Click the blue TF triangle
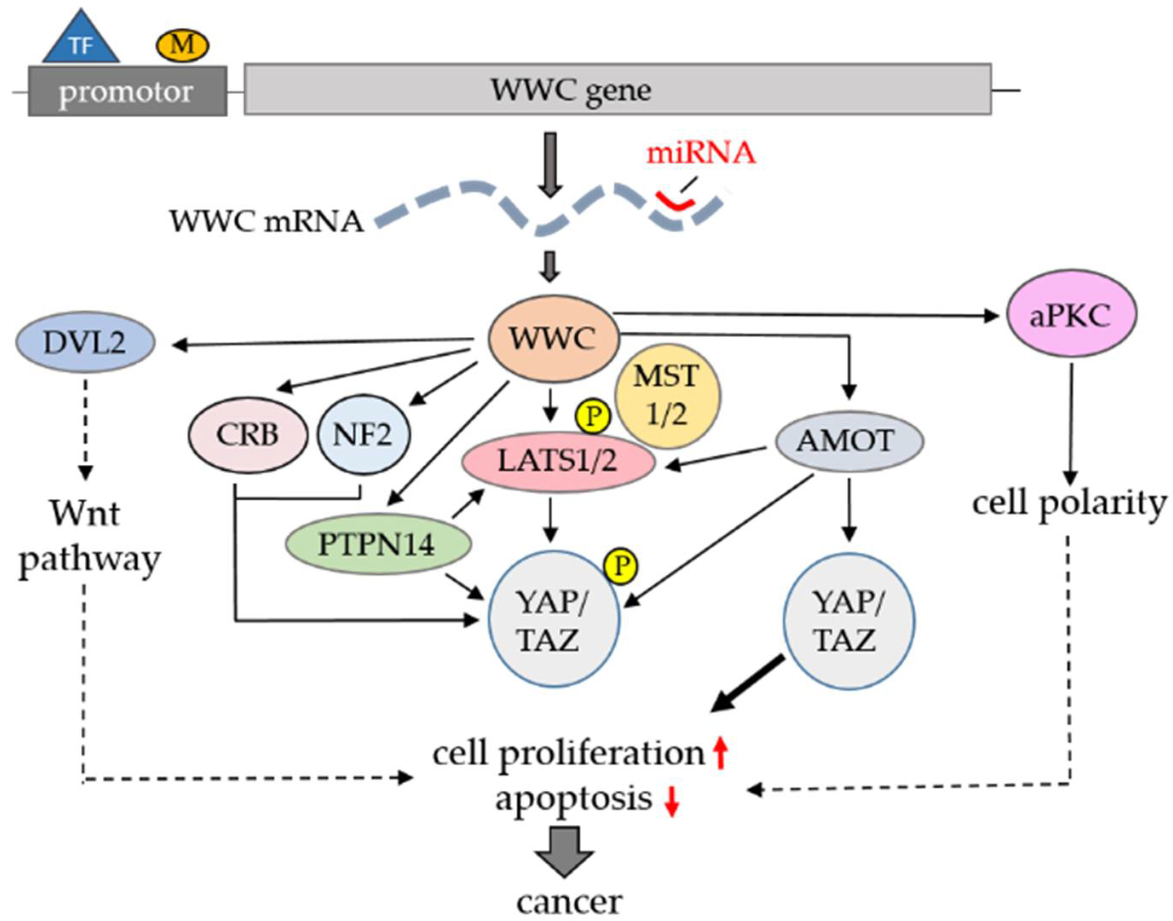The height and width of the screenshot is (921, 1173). [x=81, y=38]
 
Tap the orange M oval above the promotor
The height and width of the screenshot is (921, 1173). [x=182, y=45]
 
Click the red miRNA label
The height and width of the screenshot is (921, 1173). [x=700, y=153]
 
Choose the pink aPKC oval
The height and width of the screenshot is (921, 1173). [x=1071, y=316]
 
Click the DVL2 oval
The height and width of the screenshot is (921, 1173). [x=85, y=342]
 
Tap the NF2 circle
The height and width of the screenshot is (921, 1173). [x=363, y=434]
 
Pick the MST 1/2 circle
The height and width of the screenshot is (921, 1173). [x=667, y=397]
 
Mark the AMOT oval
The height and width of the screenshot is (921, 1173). [x=850, y=441]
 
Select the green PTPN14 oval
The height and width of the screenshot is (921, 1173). [x=378, y=544]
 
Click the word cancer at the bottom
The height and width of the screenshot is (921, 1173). [x=570, y=901]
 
